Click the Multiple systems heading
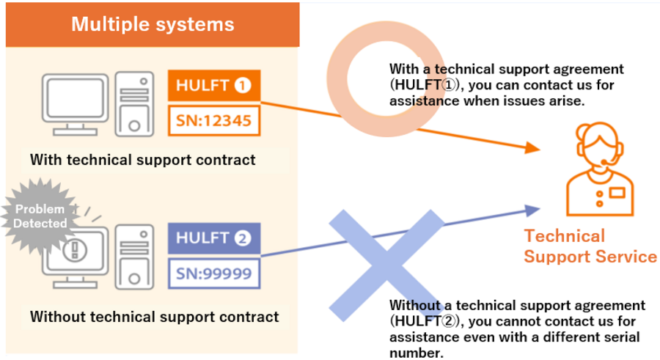pyautogui.click(x=153, y=24)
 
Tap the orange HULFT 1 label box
pyautogui.click(x=214, y=86)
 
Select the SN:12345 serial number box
pyautogui.click(x=214, y=121)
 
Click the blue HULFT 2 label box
pyautogui.click(x=214, y=238)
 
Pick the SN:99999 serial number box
pyautogui.click(x=214, y=273)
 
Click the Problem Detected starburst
pyautogui.click(x=40, y=216)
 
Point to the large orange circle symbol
pyautogui.click(x=337, y=80)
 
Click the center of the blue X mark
pyautogui.click(x=386, y=265)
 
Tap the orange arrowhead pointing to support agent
pyautogui.click(x=532, y=147)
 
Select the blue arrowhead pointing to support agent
pyautogui.click(x=532, y=210)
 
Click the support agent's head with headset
pyautogui.click(x=600, y=145)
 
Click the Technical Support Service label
pyautogui.click(x=590, y=246)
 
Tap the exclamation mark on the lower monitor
pyautogui.click(x=75, y=250)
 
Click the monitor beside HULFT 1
pyautogui.click(x=76, y=104)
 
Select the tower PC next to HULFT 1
pyautogui.click(x=134, y=104)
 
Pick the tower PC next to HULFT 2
pyautogui.click(x=134, y=257)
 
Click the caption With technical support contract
pyautogui.click(x=143, y=160)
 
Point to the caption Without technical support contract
pyautogui.click(x=155, y=317)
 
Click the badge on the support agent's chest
pyautogui.click(x=617, y=193)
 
